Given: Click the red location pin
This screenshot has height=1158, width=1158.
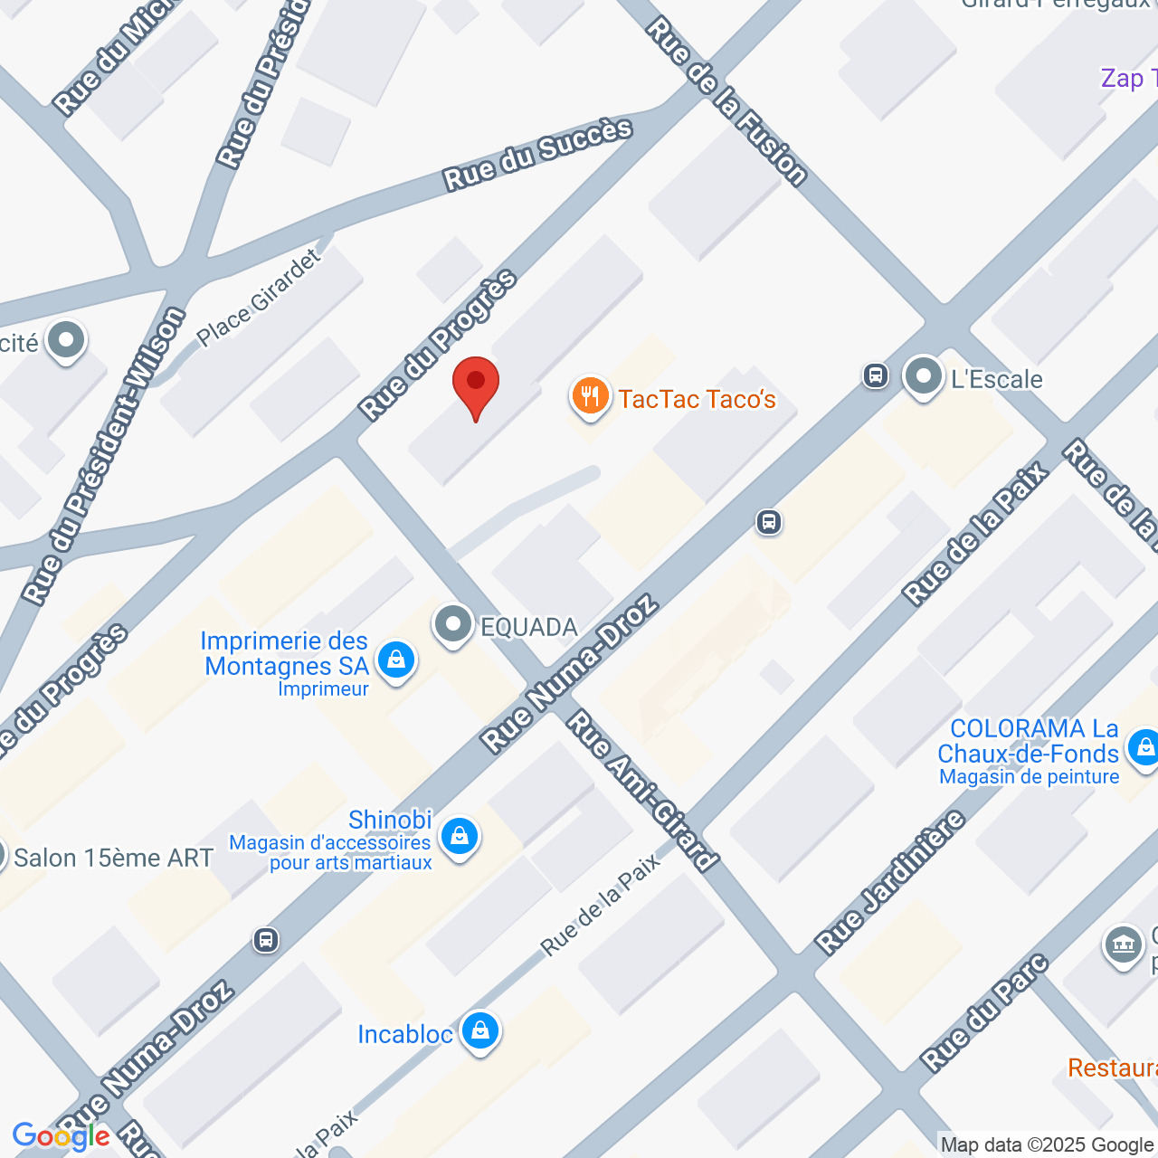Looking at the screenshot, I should pyautogui.click(x=475, y=385).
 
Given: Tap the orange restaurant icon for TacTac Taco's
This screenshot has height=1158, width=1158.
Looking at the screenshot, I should pyautogui.click(x=590, y=397).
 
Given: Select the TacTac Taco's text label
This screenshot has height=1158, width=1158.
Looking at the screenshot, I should pyautogui.click(x=697, y=399).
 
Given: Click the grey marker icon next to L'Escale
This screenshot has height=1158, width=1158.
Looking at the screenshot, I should pyautogui.click(x=923, y=375).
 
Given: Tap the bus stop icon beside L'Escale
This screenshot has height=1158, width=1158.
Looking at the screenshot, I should pyautogui.click(x=875, y=375).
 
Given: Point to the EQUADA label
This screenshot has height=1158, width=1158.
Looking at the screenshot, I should pyautogui.click(x=528, y=627).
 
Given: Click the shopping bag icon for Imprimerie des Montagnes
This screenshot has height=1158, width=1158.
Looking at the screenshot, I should pyautogui.click(x=395, y=660).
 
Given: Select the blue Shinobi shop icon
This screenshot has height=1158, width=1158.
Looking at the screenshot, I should pyautogui.click(x=459, y=838).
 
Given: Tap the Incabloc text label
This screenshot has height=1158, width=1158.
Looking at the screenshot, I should pyautogui.click(x=405, y=1034).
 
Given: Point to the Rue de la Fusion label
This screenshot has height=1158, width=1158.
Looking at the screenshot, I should pyautogui.click(x=726, y=101).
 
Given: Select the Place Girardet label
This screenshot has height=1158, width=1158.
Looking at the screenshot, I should pyautogui.click(x=259, y=298).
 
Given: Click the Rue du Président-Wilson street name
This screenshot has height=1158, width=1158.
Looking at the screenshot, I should pyautogui.click(x=104, y=456).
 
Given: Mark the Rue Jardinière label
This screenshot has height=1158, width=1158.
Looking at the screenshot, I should pyautogui.click(x=890, y=883).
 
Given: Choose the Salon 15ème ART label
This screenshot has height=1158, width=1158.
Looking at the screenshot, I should pyautogui.click(x=113, y=858).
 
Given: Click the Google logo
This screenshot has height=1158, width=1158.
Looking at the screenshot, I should pyautogui.click(x=61, y=1136).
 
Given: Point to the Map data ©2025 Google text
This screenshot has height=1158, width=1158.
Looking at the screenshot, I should pyautogui.click(x=1047, y=1145).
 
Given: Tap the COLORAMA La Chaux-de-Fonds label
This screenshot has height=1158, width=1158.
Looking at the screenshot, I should pyautogui.click(x=1028, y=741).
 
